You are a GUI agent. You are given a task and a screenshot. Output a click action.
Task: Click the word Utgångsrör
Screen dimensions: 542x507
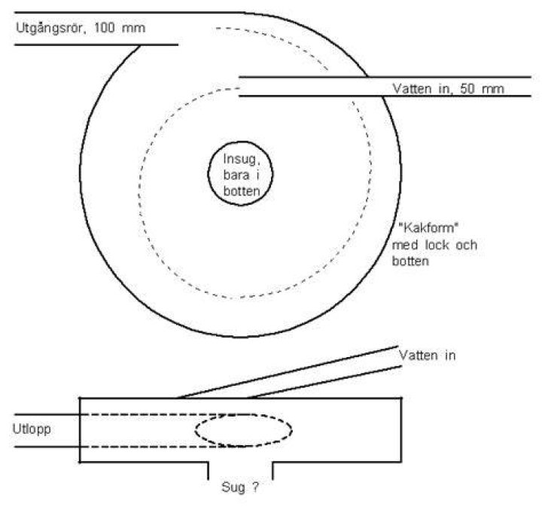point(50,28)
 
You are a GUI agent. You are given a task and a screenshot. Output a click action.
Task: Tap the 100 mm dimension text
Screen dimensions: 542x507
point(120,28)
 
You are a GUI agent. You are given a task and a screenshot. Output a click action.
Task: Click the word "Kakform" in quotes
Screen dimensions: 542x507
point(428,228)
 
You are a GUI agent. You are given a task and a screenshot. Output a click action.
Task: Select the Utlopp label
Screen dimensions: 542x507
point(32,429)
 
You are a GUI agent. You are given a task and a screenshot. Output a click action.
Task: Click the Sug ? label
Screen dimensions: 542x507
point(240,487)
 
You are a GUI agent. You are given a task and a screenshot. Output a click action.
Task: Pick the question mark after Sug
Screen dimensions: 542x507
point(255,487)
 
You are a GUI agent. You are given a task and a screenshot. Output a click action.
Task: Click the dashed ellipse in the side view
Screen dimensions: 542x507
point(244,415)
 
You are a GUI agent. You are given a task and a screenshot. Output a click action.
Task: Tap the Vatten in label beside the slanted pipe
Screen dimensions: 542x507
point(428,355)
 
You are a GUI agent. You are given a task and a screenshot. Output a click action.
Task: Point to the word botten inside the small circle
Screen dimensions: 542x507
point(242,191)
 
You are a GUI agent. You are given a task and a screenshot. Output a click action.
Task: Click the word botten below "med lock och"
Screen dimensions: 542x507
point(410,261)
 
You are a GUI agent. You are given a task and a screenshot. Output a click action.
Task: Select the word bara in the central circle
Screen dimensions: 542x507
point(236,175)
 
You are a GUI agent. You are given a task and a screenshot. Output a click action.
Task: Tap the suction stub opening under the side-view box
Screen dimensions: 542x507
point(241,471)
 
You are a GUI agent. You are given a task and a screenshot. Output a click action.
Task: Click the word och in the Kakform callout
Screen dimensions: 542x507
point(466,245)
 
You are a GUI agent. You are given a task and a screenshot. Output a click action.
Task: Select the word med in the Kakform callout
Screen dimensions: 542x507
point(405,245)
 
